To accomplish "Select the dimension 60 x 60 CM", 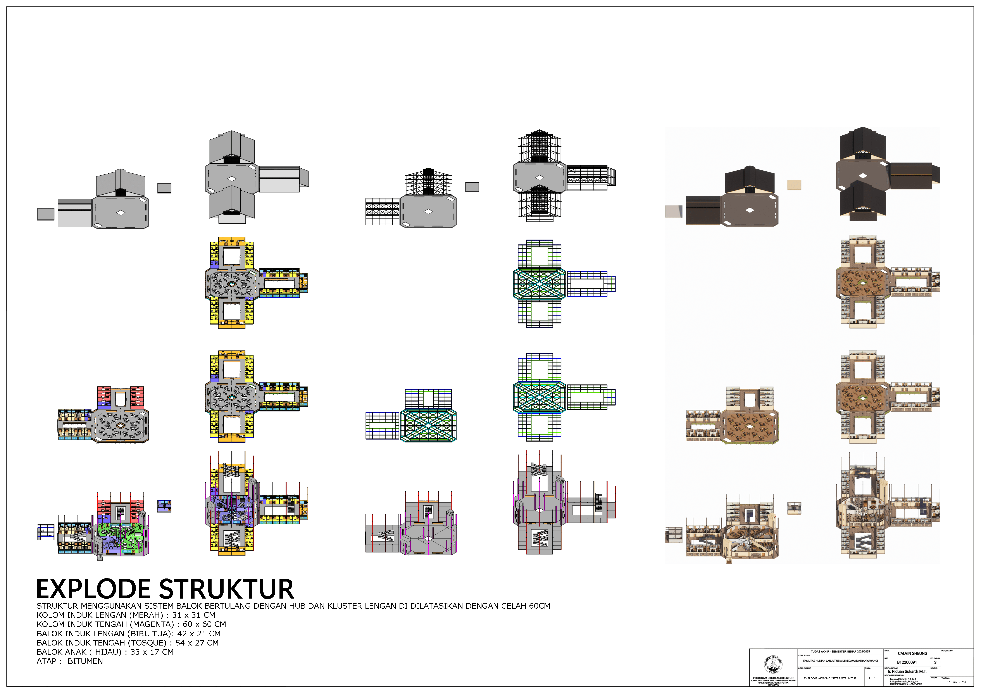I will tap(204, 624).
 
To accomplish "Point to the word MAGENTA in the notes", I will tap(152, 624).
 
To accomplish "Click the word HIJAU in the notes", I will tap(108, 652).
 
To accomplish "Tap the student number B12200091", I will tap(907, 662).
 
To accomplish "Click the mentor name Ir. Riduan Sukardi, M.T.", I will tap(907, 672).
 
